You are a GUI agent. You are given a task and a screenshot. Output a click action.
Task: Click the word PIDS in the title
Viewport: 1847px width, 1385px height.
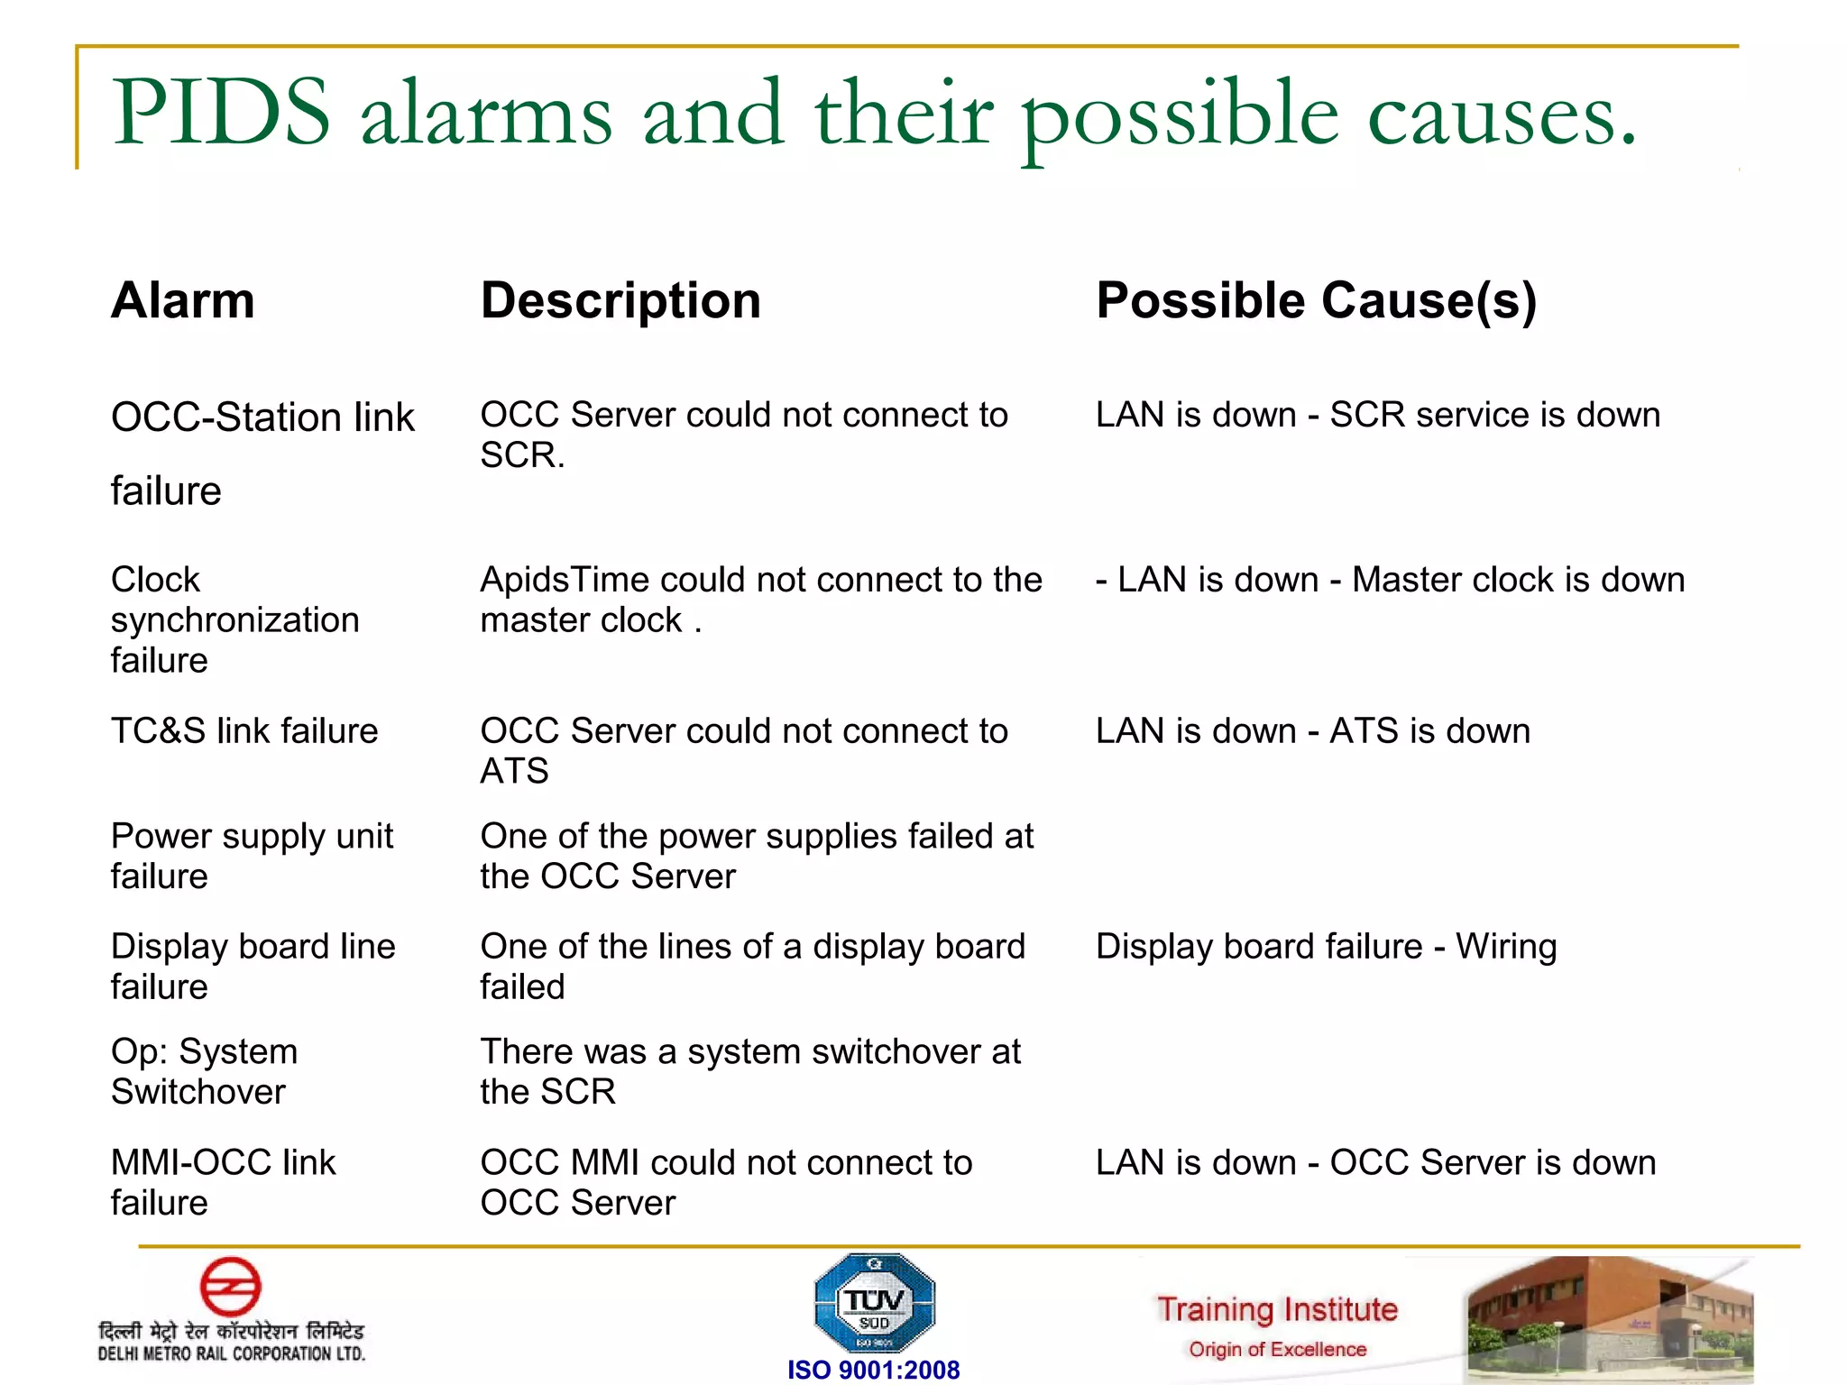pos(221,113)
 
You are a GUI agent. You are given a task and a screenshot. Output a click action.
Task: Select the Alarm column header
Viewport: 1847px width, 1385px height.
pos(183,300)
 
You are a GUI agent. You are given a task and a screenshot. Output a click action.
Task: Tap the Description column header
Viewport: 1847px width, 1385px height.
pos(620,300)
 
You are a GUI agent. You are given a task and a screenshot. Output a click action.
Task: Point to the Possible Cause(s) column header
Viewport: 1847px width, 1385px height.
pos(1316,300)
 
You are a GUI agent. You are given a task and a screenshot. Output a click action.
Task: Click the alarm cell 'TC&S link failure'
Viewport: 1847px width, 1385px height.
pos(244,730)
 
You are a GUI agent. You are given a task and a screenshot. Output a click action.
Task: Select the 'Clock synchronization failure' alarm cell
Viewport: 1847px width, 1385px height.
pos(234,619)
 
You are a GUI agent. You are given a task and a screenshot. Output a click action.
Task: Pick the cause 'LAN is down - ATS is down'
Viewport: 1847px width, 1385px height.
pos(1312,730)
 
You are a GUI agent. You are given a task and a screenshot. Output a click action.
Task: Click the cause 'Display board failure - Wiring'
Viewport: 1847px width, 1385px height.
pos(1326,947)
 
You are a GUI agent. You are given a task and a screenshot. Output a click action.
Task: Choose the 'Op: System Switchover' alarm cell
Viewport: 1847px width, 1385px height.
pos(205,1071)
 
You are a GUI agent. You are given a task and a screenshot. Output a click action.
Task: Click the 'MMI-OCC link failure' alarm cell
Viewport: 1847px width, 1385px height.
pos(223,1182)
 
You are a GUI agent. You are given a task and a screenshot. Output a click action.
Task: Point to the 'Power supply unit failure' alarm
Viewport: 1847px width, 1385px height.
pos(252,856)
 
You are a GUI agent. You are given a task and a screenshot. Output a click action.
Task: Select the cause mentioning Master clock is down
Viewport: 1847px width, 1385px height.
pos(1390,580)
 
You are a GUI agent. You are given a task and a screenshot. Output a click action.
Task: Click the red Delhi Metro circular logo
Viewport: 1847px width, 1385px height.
pos(230,1287)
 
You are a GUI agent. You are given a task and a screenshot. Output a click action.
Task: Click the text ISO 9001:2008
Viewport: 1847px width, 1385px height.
pos(873,1370)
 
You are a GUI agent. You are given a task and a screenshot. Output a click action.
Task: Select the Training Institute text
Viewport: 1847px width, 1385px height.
pos(1277,1309)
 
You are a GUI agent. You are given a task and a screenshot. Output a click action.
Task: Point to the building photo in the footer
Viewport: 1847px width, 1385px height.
pos(1609,1318)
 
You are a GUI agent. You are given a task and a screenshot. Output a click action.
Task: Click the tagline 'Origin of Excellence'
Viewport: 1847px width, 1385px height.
pos(1277,1350)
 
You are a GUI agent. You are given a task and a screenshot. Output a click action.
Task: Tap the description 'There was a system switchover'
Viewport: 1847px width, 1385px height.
pos(749,1052)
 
